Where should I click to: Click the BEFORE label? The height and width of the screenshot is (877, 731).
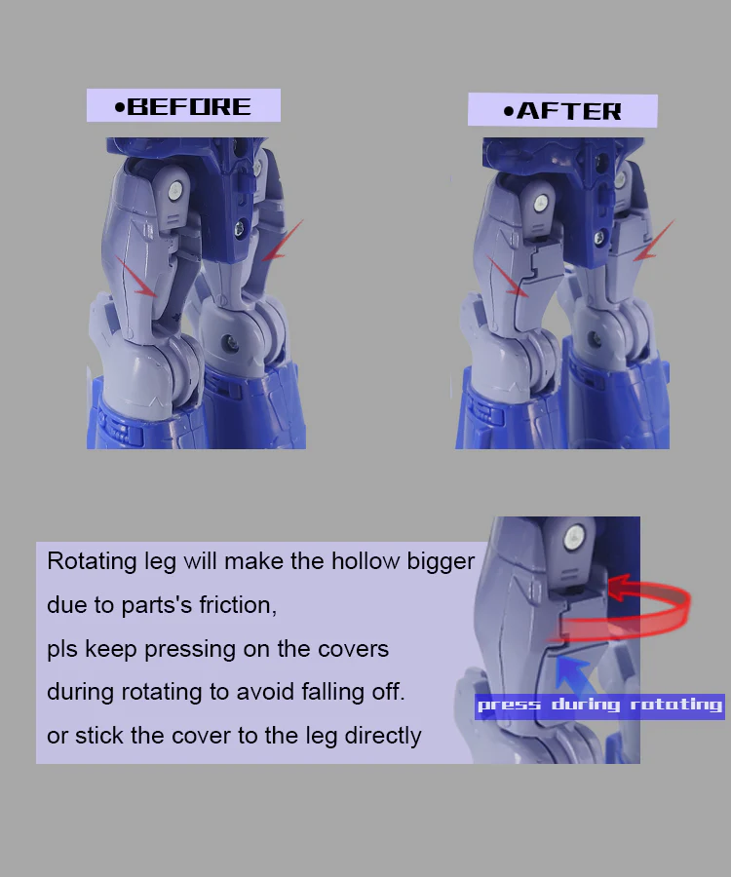183,105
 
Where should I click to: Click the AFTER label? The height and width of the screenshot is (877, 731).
562,110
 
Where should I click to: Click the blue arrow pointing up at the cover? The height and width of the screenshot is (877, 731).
573,675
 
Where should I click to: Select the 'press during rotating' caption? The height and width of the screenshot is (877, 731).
599,705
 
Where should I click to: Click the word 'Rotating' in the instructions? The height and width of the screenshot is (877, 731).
92,561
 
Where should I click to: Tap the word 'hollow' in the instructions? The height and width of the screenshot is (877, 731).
365,561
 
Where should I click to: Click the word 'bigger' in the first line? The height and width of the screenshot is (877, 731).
441,561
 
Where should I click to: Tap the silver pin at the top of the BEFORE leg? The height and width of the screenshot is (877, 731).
175,191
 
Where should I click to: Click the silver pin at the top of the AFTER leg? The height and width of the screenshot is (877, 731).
540,203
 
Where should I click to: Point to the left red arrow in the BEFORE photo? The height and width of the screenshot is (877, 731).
136,277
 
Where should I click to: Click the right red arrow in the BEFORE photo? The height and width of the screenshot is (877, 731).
283,240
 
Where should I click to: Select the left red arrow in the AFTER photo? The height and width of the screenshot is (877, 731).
507,276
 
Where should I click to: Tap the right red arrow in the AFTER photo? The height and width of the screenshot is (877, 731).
654,240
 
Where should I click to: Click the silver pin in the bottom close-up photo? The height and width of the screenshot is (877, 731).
573,539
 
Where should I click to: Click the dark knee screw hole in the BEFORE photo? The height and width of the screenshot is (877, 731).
229,342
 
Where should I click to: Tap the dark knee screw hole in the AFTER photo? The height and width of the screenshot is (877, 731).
595,338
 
